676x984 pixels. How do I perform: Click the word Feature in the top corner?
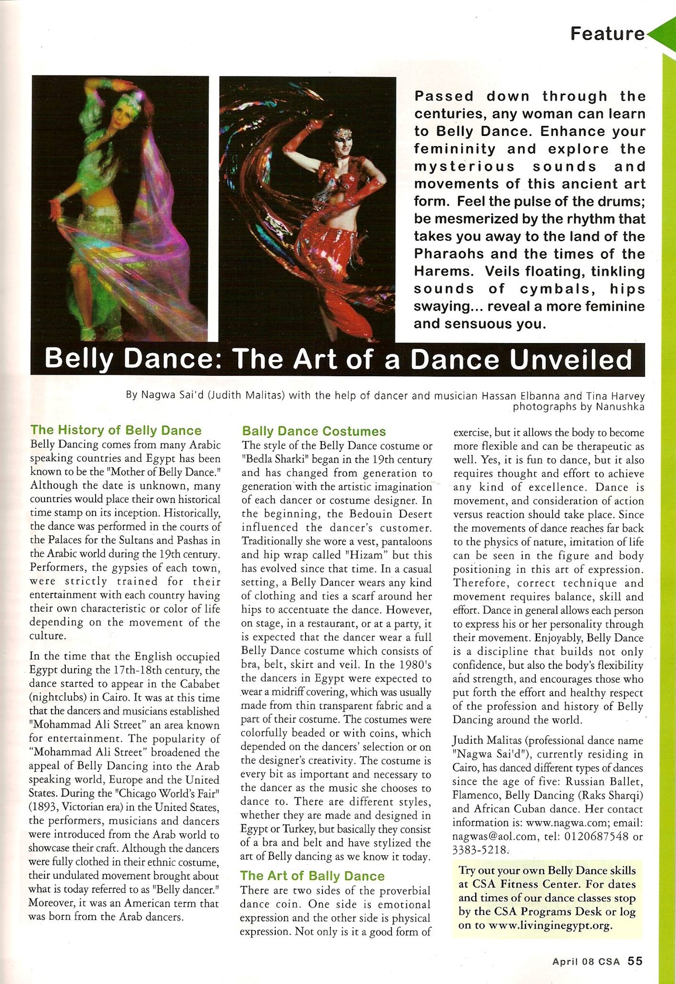tap(607, 34)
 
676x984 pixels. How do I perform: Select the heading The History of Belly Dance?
tap(116, 430)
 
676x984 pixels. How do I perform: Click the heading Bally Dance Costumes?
tap(314, 431)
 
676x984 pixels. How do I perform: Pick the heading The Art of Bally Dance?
tap(312, 875)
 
